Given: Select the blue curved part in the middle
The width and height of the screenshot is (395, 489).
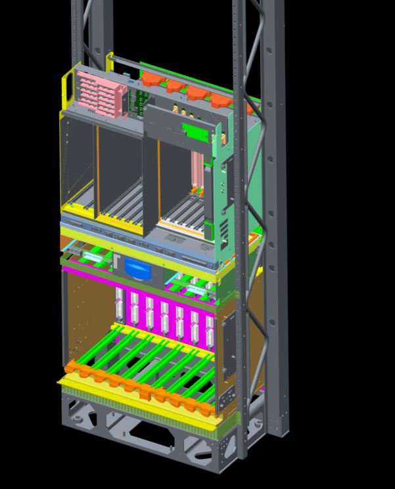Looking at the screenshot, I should (x=137, y=269).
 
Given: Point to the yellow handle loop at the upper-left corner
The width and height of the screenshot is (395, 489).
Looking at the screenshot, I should (x=67, y=85).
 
